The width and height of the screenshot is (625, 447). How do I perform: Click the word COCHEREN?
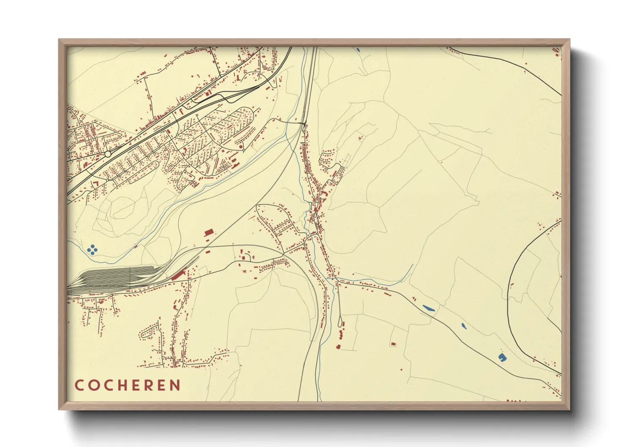(128, 385)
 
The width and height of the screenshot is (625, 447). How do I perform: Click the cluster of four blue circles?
(92, 250)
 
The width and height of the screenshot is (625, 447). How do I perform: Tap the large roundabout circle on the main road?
(108, 154)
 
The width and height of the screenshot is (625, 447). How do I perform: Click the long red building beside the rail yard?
(179, 275)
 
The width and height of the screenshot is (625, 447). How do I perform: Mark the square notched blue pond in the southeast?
(502, 357)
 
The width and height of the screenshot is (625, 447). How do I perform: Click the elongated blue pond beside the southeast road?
(429, 308)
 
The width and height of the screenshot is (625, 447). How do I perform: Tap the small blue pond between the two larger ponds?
(463, 326)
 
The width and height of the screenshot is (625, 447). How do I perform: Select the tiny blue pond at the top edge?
(358, 50)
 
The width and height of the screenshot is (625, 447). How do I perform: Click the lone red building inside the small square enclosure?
(393, 344)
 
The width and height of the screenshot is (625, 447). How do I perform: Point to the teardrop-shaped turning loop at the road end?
(341, 322)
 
